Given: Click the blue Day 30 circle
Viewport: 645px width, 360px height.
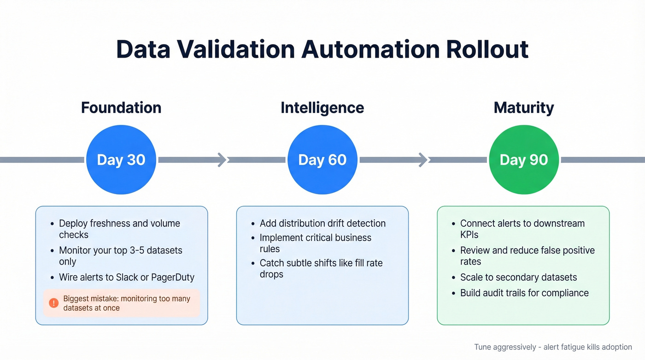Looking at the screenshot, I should click(x=121, y=160).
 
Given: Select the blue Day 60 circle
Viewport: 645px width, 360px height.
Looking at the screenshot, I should click(x=322, y=160).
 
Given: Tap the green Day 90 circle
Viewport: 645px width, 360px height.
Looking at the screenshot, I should click(x=523, y=160).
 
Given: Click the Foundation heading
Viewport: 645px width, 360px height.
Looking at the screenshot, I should click(x=121, y=108).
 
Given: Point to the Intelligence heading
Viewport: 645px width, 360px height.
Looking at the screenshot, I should click(x=322, y=108).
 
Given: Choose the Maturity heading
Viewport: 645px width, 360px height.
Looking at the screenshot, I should click(x=523, y=108).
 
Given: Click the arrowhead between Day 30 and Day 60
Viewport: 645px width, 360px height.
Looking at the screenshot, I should click(x=223, y=160).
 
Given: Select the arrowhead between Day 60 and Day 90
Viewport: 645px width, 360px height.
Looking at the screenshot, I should click(x=423, y=160).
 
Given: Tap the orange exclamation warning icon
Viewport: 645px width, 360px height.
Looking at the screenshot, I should click(x=54, y=303).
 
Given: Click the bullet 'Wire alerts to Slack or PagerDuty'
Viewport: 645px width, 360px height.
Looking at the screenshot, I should click(x=127, y=277).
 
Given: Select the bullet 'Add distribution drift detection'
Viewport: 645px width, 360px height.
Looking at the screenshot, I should click(x=322, y=223).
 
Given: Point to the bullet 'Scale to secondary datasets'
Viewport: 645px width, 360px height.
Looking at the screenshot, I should click(x=518, y=277).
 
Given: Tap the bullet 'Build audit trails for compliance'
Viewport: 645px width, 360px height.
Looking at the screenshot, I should click(x=524, y=293).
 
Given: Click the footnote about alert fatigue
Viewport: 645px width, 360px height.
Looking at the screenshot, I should click(x=553, y=347).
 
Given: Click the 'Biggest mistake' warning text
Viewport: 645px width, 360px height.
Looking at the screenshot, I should click(x=127, y=303).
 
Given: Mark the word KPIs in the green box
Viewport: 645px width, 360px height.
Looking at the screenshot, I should click(x=469, y=235).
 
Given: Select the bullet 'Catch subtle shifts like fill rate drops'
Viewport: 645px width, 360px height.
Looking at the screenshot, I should click(x=321, y=268).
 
